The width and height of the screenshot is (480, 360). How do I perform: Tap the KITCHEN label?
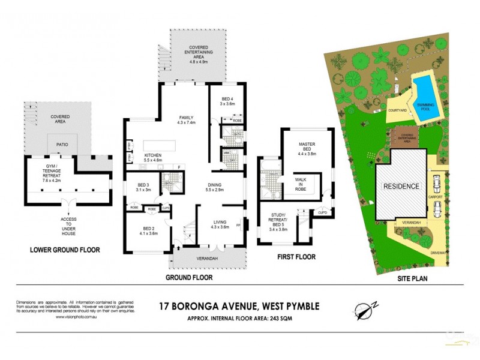pyautogui.click(x=154, y=157)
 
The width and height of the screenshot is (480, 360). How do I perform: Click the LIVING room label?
pyautogui.click(x=220, y=224)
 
